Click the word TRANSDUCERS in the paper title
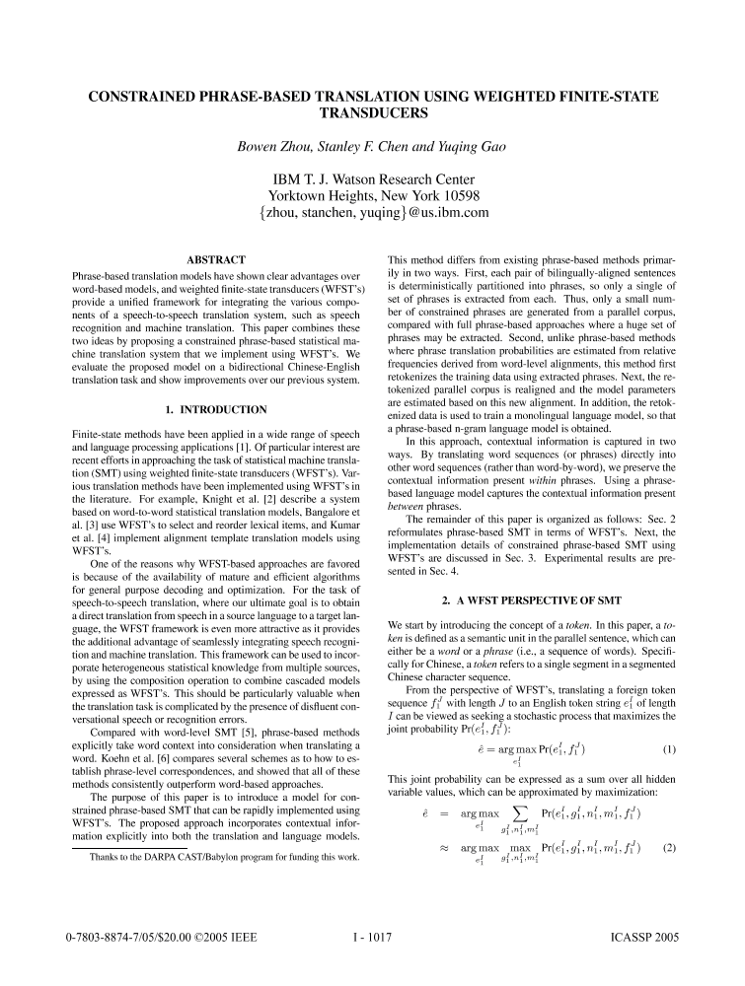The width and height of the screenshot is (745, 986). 372,114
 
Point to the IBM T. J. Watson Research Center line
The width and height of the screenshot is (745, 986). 373,179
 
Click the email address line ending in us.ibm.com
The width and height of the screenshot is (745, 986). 373,211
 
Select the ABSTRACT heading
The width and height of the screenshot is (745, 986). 215,260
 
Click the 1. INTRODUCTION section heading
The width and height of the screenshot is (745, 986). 215,409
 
